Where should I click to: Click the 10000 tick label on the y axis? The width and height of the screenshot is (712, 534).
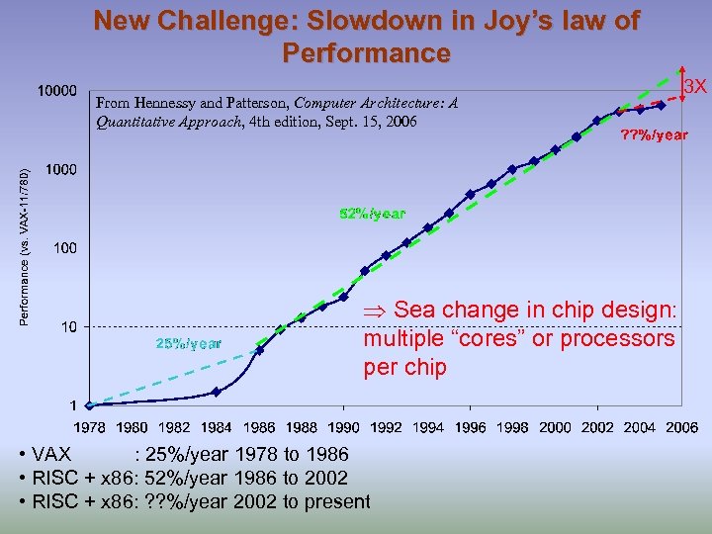[57, 91]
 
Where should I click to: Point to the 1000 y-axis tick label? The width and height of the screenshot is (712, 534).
[60, 170]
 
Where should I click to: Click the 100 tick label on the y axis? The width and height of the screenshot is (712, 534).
[64, 248]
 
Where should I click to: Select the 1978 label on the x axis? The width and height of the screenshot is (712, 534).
[89, 427]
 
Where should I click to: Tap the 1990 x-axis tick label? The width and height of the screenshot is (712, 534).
[343, 427]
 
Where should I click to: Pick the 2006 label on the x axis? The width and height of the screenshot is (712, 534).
[681, 427]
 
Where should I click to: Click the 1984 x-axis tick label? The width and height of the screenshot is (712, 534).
[217, 427]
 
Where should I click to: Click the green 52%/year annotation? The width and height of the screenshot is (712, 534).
[372, 214]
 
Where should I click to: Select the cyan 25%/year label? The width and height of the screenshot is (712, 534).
[188, 343]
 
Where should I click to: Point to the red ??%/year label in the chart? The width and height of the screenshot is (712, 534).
[654, 134]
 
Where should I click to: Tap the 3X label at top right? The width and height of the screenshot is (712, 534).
[696, 87]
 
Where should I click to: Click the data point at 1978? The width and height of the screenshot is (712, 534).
[89, 404]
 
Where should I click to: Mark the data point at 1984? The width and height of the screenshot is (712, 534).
[217, 392]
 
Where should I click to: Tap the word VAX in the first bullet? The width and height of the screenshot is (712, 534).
[51, 455]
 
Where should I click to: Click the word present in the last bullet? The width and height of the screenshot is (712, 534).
[337, 501]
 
